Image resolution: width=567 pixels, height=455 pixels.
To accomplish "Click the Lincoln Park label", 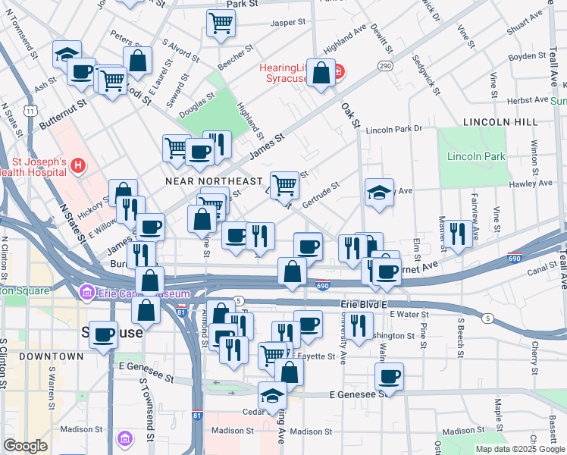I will click(x=476, y=156).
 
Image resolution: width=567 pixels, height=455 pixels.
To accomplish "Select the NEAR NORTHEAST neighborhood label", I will click(x=214, y=182).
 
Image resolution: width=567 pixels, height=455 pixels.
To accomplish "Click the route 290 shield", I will click(x=386, y=66).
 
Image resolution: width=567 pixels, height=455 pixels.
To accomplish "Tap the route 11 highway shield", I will click(x=30, y=111).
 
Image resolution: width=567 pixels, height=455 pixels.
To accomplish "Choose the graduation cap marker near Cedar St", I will click(x=273, y=395).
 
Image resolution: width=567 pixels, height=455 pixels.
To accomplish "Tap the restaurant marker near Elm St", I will click(x=459, y=233).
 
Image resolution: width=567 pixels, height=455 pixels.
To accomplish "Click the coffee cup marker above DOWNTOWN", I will click(x=104, y=334).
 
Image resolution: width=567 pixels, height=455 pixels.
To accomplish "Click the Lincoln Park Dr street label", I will click(x=393, y=130).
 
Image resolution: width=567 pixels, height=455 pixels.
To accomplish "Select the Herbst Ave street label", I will click(x=530, y=100).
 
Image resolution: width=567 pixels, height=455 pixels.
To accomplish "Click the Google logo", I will click(x=25, y=446).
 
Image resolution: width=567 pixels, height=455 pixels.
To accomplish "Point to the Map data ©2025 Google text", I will click(x=519, y=449).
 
